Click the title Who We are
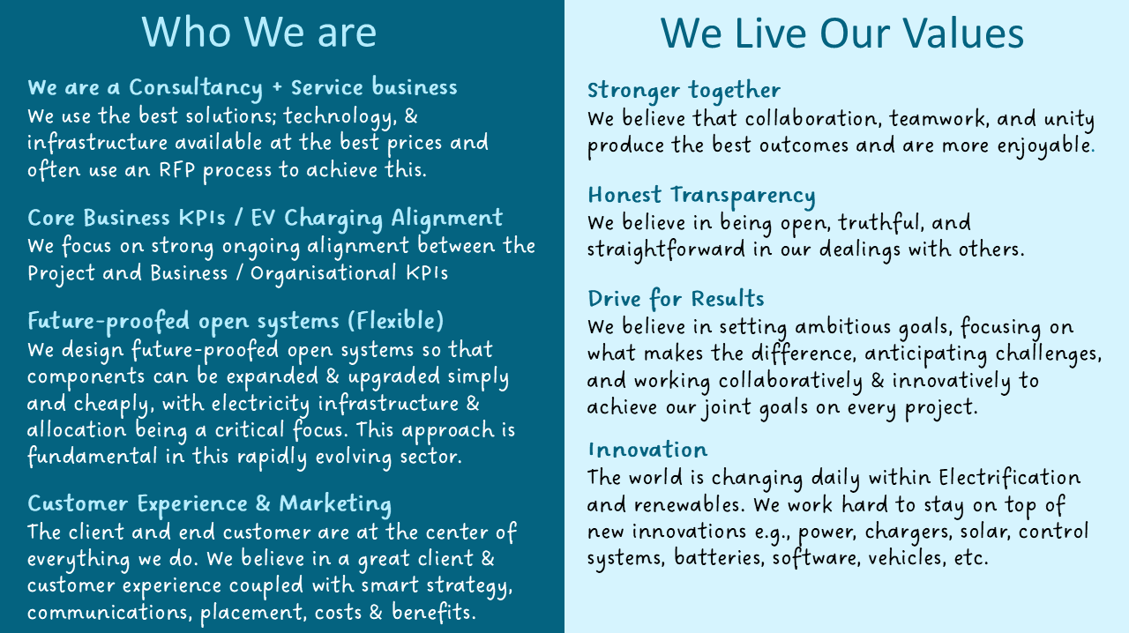(259, 33)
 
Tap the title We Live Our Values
(841, 34)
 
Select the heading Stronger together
(684, 91)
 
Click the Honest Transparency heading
(701, 196)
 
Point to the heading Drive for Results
(676, 299)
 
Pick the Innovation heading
(647, 450)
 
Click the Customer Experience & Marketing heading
(209, 504)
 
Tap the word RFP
(177, 170)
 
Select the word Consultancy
(196, 88)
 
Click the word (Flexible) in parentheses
(396, 321)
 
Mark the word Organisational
(324, 273)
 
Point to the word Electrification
(1010, 477)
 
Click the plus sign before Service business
(277, 87)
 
